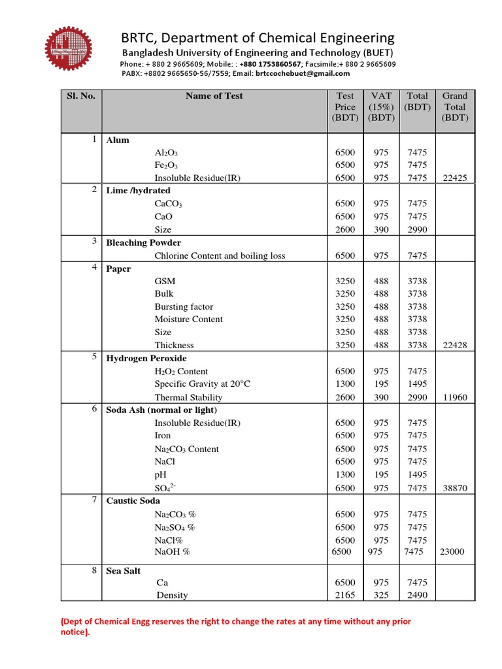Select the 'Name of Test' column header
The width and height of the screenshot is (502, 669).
(214, 96)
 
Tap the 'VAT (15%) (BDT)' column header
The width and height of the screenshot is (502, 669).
(381, 106)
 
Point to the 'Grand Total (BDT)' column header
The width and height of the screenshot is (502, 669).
(455, 106)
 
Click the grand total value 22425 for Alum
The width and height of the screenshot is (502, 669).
(455, 178)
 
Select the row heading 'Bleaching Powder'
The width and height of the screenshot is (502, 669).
(143, 242)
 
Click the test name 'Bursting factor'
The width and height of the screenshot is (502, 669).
(184, 306)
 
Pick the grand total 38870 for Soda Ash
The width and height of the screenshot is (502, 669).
(455, 488)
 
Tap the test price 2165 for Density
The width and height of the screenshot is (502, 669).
(345, 595)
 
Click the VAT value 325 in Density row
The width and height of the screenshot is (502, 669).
(381, 595)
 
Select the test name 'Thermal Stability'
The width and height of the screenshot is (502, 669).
(188, 397)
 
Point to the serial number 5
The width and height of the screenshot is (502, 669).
(94, 357)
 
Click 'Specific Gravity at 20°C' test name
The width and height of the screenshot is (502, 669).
(202, 384)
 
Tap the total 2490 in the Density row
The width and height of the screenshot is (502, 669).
(417, 595)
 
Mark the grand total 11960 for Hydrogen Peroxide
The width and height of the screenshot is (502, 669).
(455, 397)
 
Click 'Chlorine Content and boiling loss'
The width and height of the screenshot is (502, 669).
(220, 255)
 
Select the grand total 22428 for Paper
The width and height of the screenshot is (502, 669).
(455, 345)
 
